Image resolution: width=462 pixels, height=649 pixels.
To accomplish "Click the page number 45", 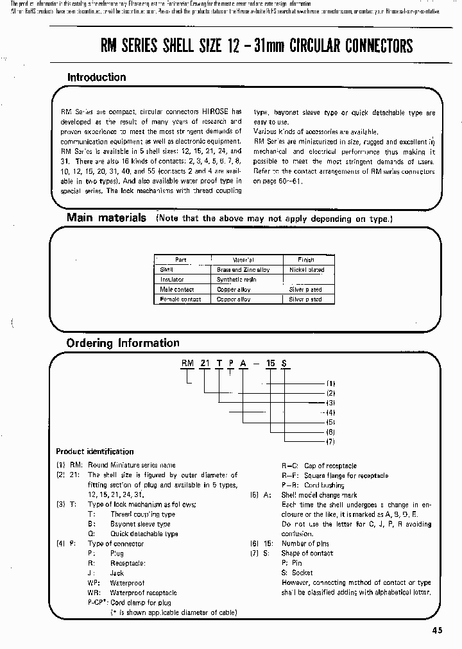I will click(x=437, y=630).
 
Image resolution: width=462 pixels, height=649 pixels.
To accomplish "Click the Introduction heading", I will click(x=97, y=78).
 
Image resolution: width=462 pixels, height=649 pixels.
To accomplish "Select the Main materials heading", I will click(x=107, y=218).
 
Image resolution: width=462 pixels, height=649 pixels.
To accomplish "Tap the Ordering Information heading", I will click(x=123, y=343).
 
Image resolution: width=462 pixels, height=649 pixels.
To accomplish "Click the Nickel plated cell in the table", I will click(x=306, y=270).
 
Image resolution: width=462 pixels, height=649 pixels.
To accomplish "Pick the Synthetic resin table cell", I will click(x=237, y=280).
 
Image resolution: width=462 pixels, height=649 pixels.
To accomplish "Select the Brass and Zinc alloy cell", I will click(x=243, y=270).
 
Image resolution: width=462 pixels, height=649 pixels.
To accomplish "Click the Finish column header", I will click(x=306, y=260).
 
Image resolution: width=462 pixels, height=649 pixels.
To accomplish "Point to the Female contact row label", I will click(x=180, y=299).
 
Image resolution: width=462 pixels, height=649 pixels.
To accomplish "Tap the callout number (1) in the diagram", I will click(x=331, y=383).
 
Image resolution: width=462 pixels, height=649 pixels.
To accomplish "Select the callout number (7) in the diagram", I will click(x=331, y=442).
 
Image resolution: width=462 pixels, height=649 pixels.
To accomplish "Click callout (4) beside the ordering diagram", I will click(x=331, y=412).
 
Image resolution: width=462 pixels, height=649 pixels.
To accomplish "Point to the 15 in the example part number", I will click(x=271, y=364).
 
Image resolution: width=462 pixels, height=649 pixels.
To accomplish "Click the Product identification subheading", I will click(x=95, y=451).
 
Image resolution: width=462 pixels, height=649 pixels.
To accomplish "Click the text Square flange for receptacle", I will click(x=346, y=475).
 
